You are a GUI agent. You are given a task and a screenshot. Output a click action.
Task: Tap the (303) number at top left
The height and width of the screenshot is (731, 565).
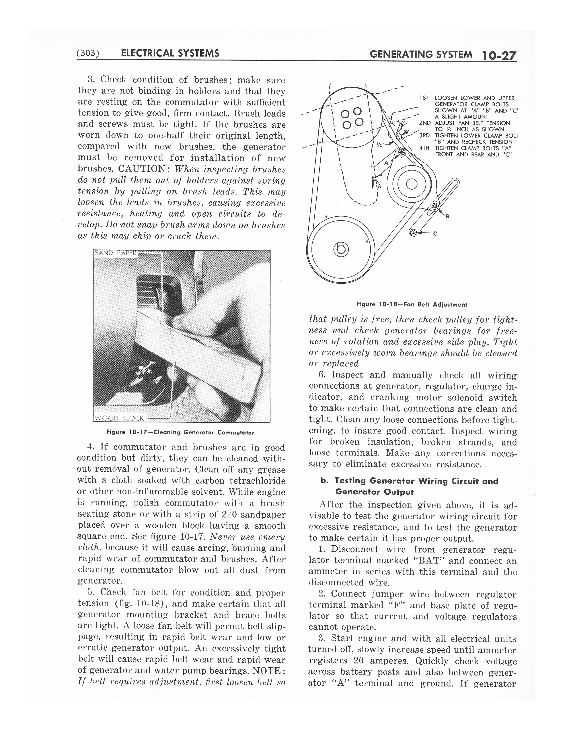(x=88, y=53)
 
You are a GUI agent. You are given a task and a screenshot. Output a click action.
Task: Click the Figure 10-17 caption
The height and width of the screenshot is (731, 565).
(x=180, y=432)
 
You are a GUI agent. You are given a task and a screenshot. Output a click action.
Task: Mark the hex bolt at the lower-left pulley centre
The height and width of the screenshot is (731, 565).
(x=341, y=249)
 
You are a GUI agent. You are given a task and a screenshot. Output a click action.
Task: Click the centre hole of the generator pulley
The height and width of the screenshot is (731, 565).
(x=412, y=184)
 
